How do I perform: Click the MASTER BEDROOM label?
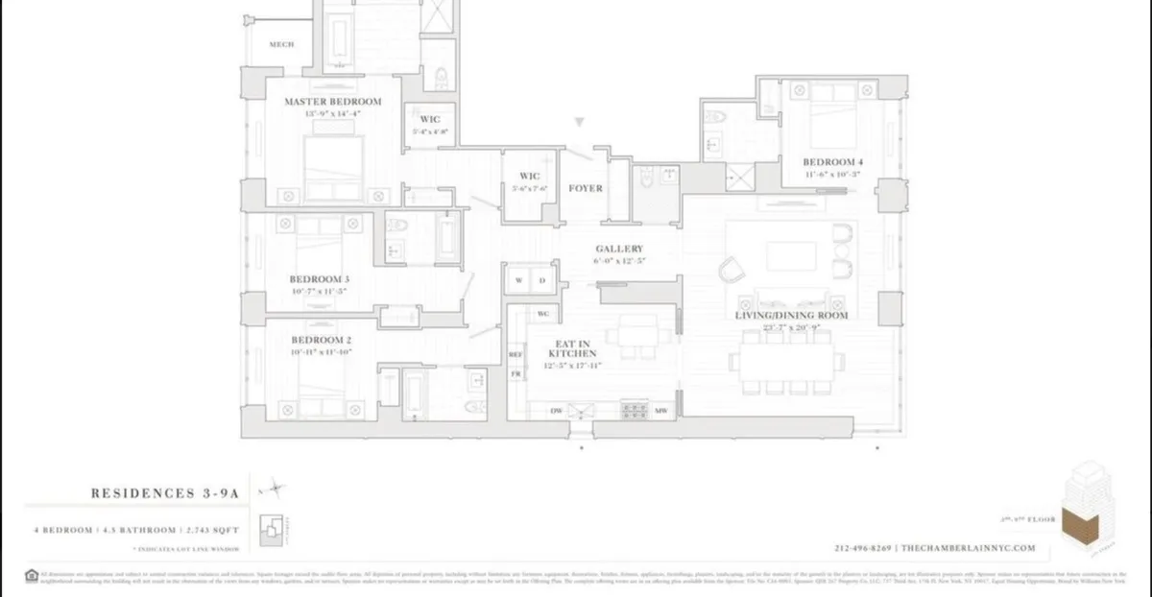coord(332,101)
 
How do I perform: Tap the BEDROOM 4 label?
coord(833,162)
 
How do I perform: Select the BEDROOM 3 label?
coord(321,278)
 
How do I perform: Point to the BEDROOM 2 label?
coord(321,340)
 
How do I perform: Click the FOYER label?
coord(586,188)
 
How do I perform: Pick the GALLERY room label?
coord(618,249)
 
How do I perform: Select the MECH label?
coord(280,44)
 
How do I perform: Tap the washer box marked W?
coord(519,280)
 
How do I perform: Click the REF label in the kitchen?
coord(515,355)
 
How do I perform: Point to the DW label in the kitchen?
coord(555,411)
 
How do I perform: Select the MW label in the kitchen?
coord(661,411)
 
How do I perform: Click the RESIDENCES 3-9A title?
coord(164,492)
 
